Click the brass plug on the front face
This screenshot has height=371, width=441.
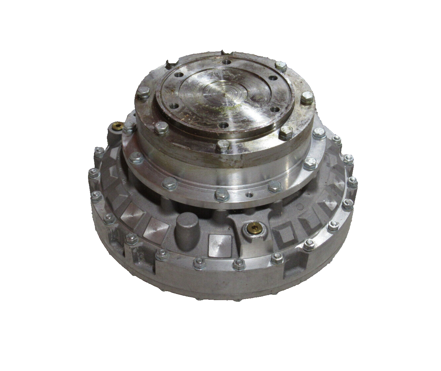pos(254,228)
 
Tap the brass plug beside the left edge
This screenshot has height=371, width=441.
pos(117,126)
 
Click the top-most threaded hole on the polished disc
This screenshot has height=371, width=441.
pos(226,62)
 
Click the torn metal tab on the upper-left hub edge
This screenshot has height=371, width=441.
pos(170,63)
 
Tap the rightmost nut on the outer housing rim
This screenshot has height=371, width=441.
pos(353,181)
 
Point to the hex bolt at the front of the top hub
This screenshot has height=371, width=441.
pos(223,146)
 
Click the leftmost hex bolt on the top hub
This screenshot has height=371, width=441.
pos(143,93)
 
